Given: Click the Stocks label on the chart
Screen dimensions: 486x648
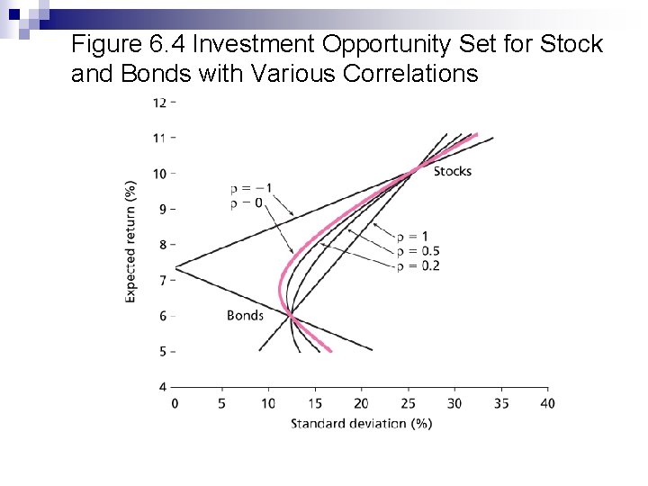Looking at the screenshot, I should (452, 171).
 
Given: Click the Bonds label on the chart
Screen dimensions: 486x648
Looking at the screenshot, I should (245, 315).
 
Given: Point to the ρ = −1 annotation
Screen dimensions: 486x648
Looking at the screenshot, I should (251, 189).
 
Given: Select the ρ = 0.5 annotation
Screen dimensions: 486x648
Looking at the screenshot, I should (418, 251).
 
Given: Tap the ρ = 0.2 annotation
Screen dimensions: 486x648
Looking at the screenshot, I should (418, 265).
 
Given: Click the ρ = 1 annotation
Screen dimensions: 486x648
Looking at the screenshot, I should (413, 237).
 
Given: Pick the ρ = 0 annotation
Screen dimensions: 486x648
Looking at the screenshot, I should (247, 203).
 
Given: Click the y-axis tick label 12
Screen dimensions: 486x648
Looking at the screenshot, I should (159, 102).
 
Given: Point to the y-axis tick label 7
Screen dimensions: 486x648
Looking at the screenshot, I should (163, 281).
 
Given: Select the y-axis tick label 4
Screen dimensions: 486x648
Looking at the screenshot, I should (163, 387).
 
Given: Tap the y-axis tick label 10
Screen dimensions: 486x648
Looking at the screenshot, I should (159, 173).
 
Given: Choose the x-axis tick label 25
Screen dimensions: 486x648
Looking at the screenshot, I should (408, 404).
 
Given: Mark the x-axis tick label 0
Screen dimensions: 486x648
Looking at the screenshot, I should (175, 404).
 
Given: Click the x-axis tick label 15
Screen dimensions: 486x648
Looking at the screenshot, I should (314, 404).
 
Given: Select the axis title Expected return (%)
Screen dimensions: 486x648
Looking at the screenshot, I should (131, 241).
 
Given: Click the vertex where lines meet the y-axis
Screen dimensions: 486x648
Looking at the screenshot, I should (175, 267).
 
